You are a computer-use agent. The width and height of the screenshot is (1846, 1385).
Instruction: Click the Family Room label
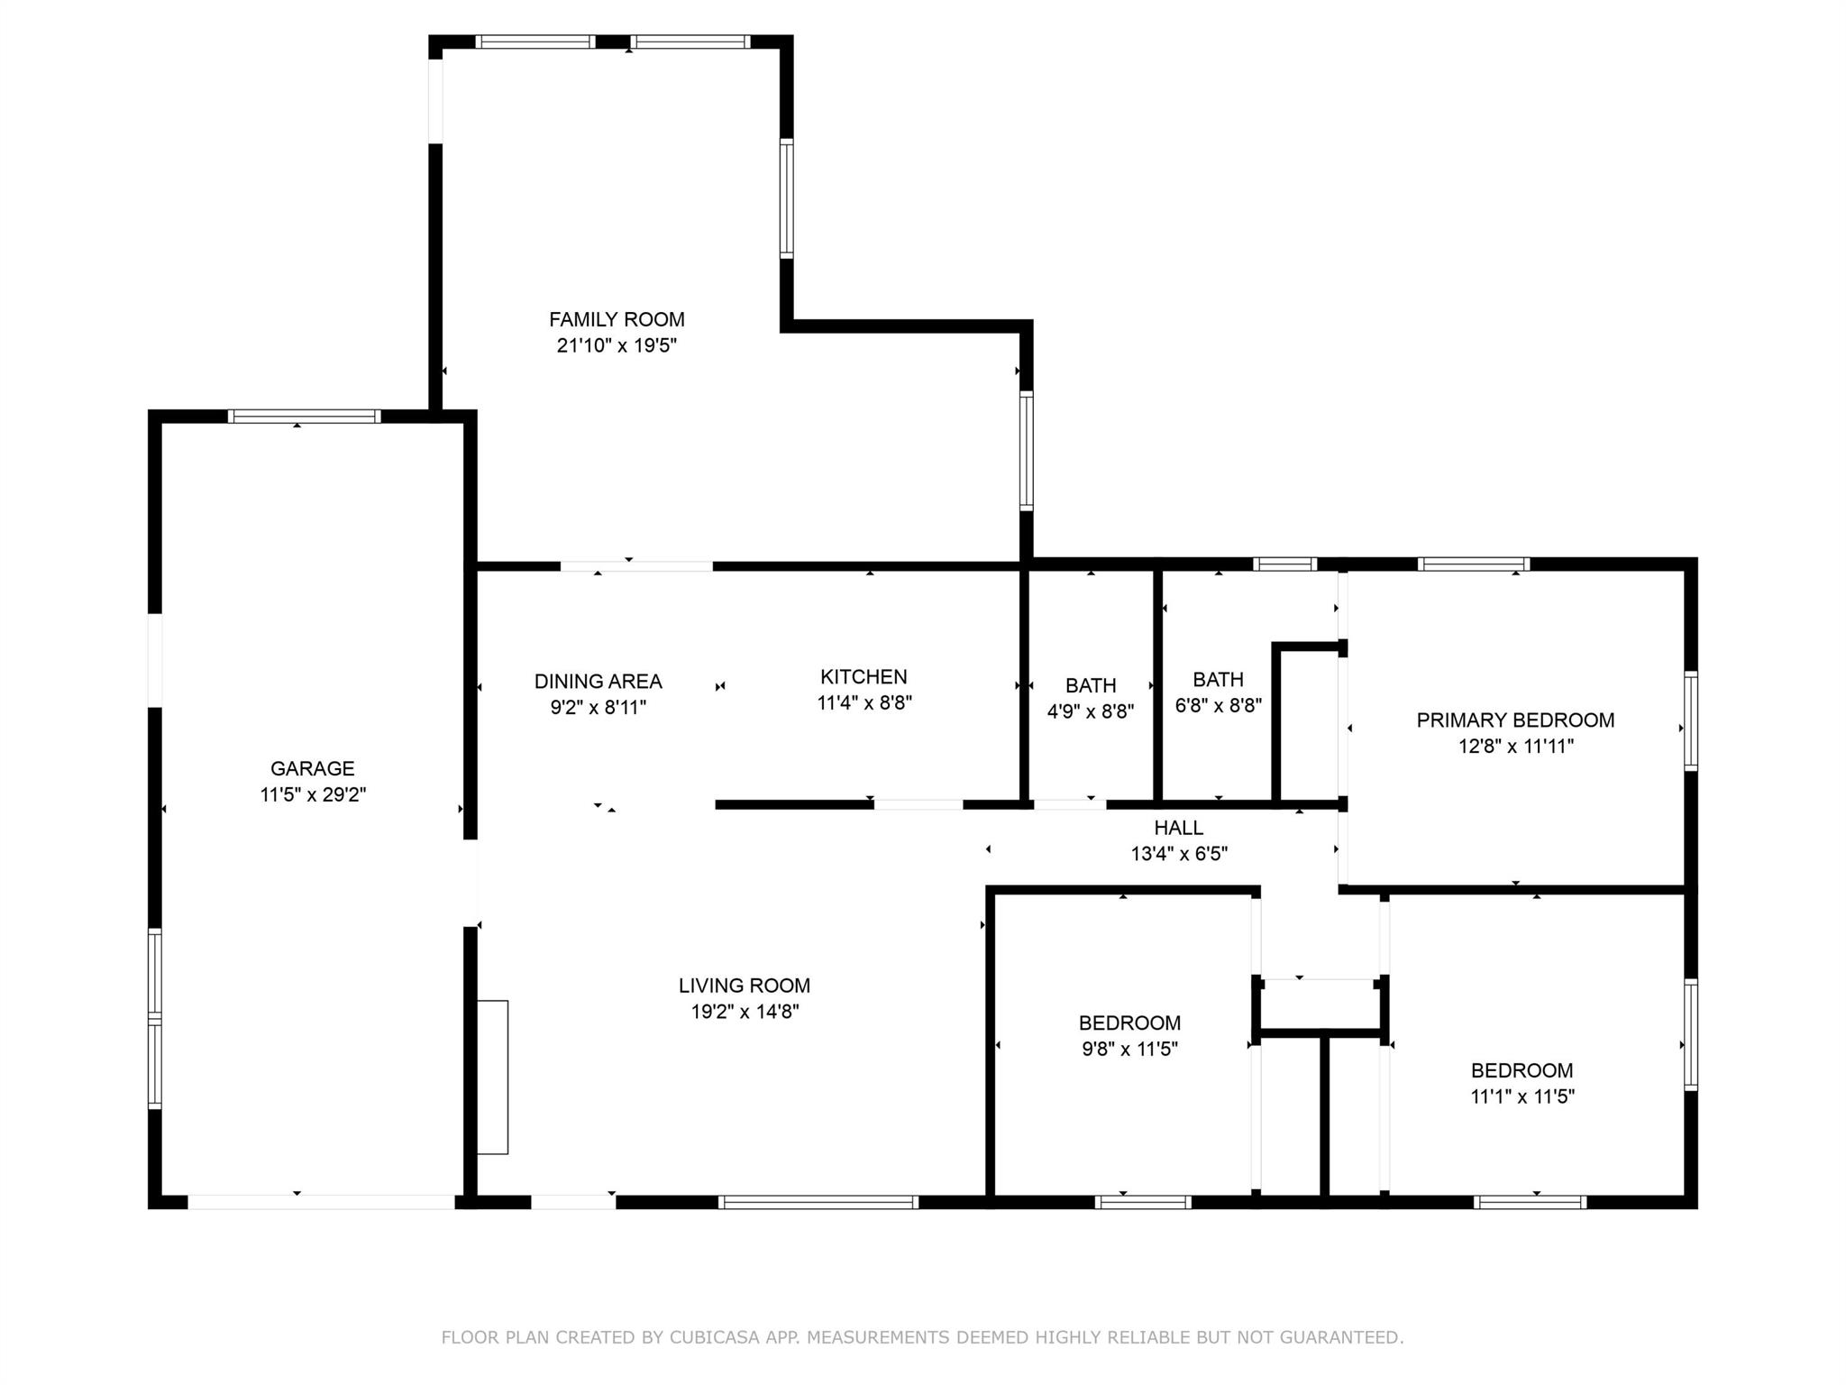click(617, 319)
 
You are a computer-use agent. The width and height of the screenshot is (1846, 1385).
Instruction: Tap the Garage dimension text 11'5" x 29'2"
click(313, 794)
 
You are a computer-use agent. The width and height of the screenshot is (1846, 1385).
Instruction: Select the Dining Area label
click(598, 682)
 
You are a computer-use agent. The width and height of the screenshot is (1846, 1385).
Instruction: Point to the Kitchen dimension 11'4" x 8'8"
click(864, 702)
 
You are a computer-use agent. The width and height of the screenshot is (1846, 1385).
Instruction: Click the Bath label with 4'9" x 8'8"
click(1091, 686)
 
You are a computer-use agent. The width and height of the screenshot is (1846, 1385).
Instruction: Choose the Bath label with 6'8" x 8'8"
click(1218, 680)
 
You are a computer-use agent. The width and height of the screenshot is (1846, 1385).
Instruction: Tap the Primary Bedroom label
click(1515, 720)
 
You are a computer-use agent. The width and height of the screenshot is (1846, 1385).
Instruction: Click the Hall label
click(1179, 828)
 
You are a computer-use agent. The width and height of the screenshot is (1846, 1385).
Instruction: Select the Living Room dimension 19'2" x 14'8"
click(745, 1012)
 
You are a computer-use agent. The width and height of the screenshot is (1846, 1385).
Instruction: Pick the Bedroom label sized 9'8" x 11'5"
click(1129, 1023)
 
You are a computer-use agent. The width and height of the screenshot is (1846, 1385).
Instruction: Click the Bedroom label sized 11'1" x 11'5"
click(1522, 1071)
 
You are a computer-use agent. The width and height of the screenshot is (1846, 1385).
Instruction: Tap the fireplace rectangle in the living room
click(492, 1077)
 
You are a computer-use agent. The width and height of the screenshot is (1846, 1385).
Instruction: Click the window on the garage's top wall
click(304, 417)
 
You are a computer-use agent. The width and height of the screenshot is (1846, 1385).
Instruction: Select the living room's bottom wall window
click(818, 1202)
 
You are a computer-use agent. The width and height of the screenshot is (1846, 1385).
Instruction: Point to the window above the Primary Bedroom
click(1474, 564)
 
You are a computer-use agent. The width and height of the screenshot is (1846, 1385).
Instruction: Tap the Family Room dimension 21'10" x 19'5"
click(617, 345)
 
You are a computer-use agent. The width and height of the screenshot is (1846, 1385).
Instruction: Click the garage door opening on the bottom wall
click(321, 1202)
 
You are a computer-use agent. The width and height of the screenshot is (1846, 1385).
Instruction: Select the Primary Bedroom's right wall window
click(1691, 720)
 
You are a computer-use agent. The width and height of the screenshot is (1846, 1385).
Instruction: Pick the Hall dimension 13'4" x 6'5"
click(1179, 854)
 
